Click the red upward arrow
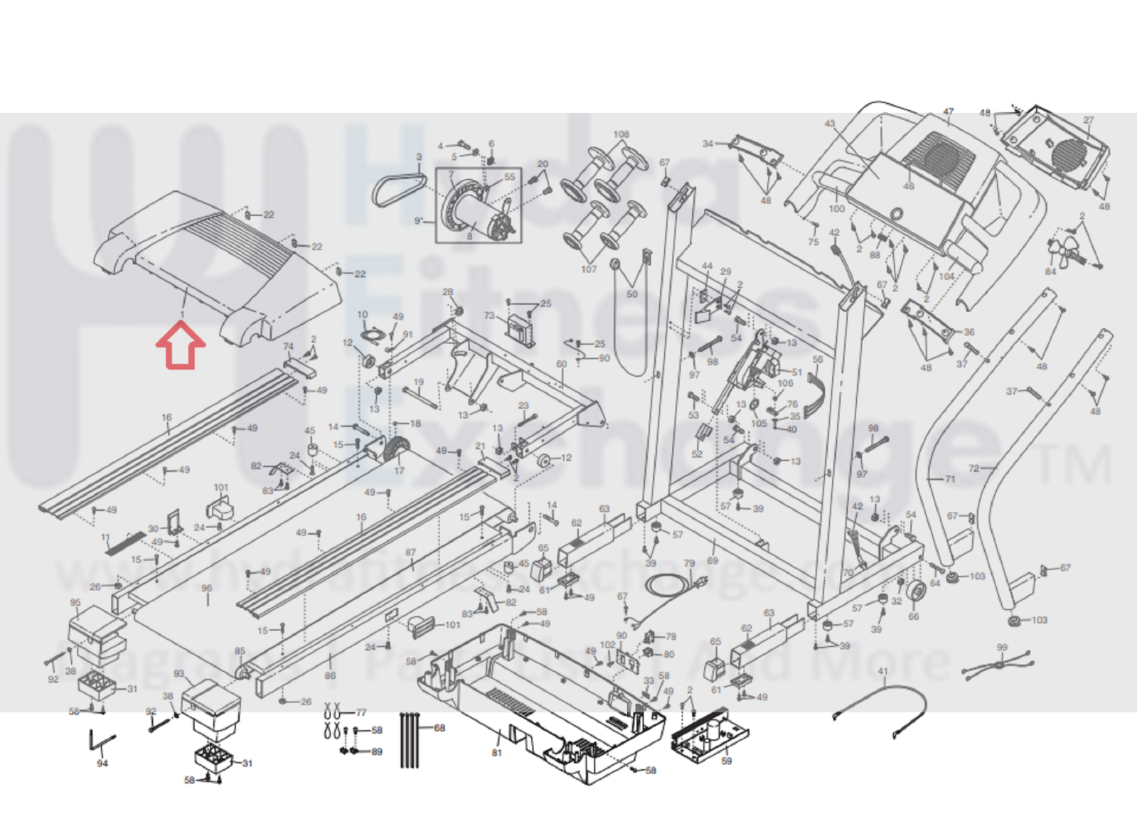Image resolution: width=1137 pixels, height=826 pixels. click(181, 346)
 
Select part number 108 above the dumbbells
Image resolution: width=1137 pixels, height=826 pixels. click(621, 134)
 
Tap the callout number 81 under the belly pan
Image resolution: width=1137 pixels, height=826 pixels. click(496, 753)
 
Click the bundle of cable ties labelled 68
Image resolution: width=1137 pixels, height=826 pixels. click(410, 739)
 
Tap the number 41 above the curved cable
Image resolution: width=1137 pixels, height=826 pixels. click(883, 672)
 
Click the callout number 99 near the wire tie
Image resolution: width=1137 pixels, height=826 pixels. click(1002, 648)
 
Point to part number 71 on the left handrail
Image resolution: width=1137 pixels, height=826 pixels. click(950, 479)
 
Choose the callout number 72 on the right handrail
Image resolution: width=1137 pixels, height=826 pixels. click(973, 468)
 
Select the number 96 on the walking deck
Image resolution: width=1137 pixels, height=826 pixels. click(207, 589)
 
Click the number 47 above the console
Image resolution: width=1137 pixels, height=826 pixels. click(948, 112)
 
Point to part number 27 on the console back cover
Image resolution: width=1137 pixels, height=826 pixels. click(1088, 119)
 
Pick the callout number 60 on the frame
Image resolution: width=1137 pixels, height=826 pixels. click(562, 364)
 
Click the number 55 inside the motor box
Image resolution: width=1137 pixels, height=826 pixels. click(509, 177)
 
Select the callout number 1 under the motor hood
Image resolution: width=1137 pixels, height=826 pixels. click(183, 314)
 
